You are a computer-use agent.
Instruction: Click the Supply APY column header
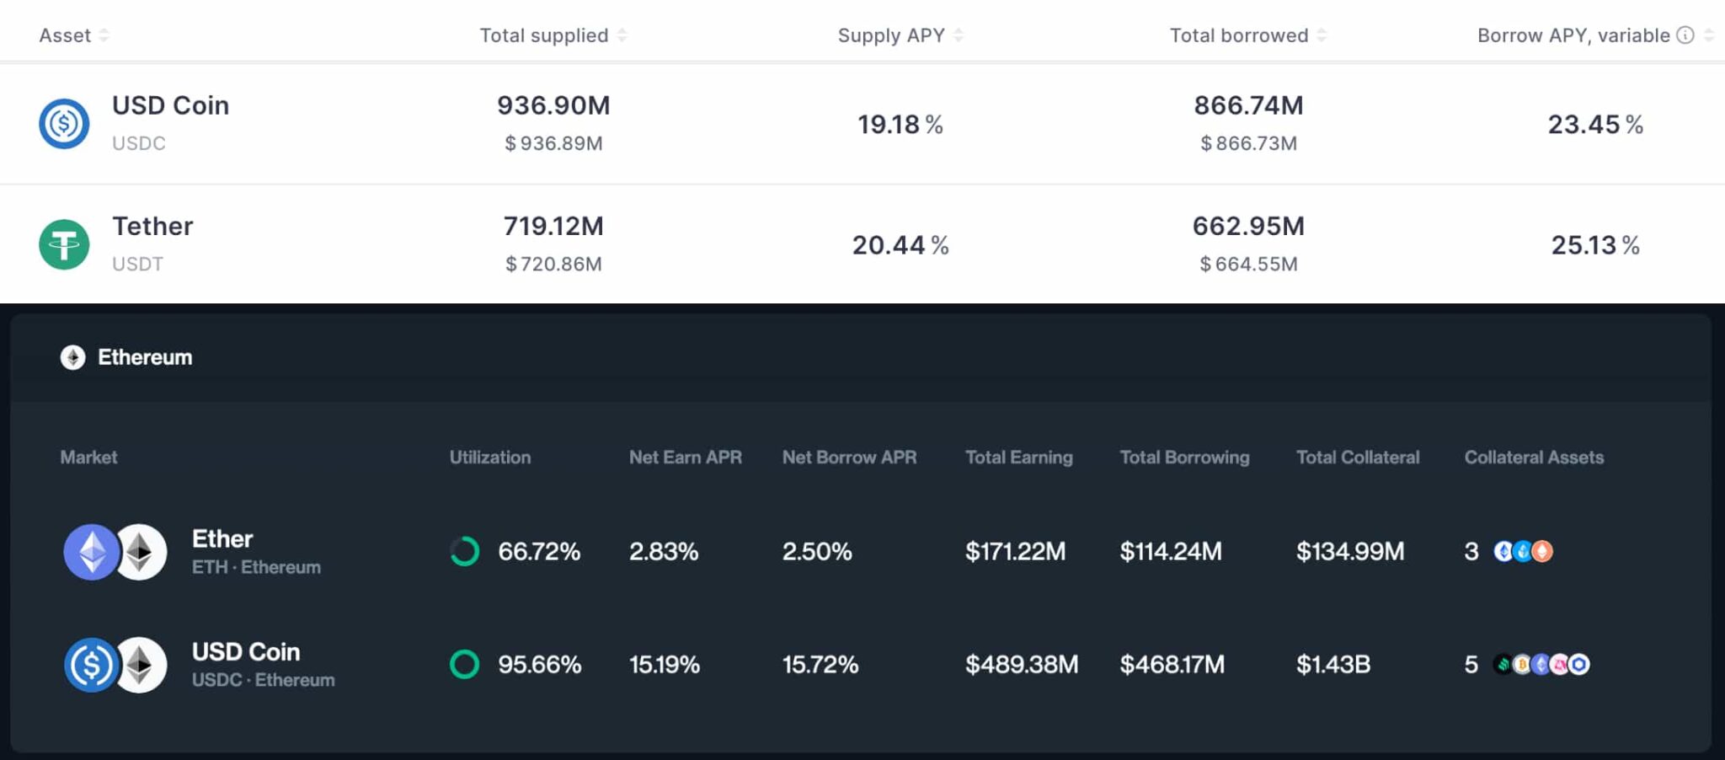(891, 35)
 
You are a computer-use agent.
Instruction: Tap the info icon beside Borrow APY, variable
(1685, 35)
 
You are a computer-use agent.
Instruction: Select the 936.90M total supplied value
(553, 105)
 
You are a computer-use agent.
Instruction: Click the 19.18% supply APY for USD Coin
(900, 125)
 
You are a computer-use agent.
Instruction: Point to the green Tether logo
(64, 244)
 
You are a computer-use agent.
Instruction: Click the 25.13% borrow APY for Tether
(1594, 245)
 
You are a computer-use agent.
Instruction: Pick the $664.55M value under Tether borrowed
(1248, 265)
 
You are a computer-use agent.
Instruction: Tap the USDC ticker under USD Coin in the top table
(139, 143)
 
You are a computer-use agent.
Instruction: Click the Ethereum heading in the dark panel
(144, 357)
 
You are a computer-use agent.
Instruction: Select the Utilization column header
(489, 458)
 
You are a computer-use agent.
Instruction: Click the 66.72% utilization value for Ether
(539, 552)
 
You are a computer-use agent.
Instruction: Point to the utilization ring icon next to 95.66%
(464, 665)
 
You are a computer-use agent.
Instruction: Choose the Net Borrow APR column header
(849, 458)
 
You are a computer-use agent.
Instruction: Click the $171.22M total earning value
(1015, 552)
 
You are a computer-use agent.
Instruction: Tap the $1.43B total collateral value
(1332, 665)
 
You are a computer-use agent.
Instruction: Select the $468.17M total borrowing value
(1172, 665)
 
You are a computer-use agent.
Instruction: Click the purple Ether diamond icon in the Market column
(91, 552)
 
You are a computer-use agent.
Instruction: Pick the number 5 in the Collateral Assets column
(1471, 665)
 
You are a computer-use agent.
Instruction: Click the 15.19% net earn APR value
(664, 665)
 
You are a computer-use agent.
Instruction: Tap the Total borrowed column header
(1238, 35)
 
